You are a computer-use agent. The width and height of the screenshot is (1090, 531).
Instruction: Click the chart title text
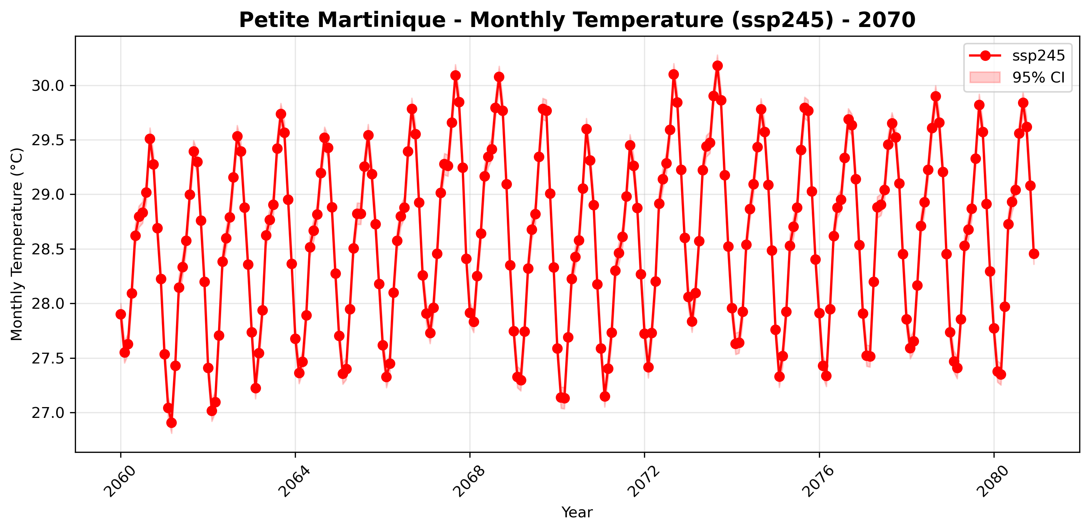[577, 20]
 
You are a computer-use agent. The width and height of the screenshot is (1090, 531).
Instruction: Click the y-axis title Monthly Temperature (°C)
[17, 244]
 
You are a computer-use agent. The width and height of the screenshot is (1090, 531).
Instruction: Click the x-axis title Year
[577, 512]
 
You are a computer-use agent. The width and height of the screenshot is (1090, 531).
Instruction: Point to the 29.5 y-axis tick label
[48, 140]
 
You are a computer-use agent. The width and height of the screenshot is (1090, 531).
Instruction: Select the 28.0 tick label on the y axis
[48, 304]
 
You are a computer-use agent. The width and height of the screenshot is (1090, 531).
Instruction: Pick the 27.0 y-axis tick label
[48, 413]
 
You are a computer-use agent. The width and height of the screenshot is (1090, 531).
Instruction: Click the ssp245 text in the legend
[1039, 56]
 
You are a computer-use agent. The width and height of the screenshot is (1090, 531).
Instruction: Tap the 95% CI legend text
[1039, 77]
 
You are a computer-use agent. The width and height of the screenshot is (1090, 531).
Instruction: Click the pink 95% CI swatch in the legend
[985, 77]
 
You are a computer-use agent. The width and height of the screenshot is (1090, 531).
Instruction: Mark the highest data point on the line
[717, 66]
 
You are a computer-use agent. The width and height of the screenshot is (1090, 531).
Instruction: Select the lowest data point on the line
[171, 423]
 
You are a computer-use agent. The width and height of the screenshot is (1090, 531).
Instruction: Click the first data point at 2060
[121, 314]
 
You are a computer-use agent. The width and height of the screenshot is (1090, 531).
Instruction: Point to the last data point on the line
[1034, 254]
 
